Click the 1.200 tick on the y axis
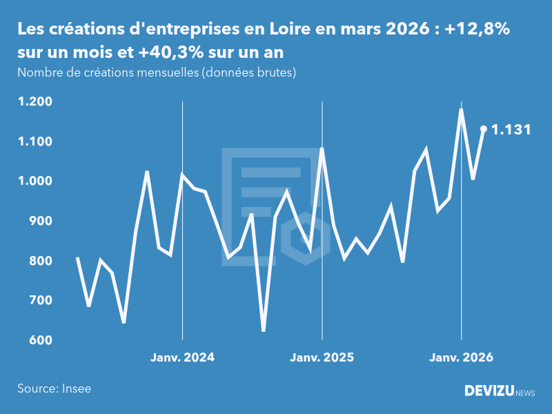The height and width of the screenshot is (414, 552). [x=34, y=102]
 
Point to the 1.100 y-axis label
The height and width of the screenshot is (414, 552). [x=34, y=141]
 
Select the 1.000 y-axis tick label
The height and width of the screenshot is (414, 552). [x=34, y=181]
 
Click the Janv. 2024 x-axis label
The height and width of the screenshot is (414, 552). [x=182, y=357]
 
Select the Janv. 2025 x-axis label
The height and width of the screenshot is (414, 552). [x=322, y=357]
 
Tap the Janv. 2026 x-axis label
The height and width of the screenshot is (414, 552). [x=461, y=357]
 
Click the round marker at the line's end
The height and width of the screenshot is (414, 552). [x=484, y=129]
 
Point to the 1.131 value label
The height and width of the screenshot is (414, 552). [x=511, y=129]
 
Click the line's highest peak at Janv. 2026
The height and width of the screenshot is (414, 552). [x=461, y=110]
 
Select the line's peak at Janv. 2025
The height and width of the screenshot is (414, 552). [x=322, y=149]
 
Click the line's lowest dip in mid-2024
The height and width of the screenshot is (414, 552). [x=264, y=330]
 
